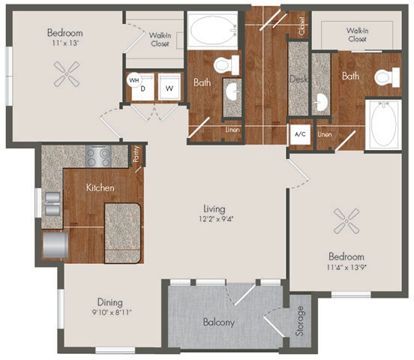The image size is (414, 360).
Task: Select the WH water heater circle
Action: (x=133, y=79)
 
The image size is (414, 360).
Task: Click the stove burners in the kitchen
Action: (x=98, y=156)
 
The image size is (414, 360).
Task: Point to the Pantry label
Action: (x=136, y=154)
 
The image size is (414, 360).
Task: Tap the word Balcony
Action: (x=220, y=322)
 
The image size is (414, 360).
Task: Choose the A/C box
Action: (x=300, y=134)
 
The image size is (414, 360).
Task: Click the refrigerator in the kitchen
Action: (x=55, y=245)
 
